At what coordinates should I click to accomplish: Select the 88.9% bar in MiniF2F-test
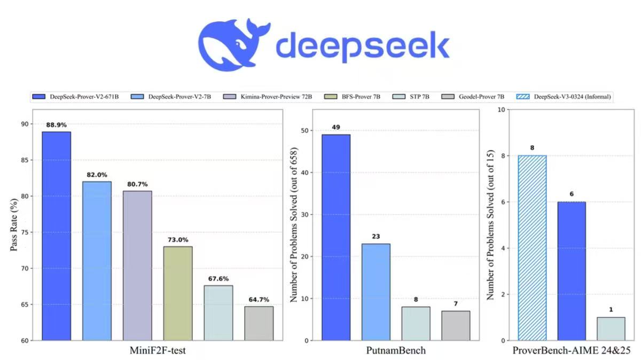[56, 236]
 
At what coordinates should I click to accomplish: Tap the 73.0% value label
[178, 240]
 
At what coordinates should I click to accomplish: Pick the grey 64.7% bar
[259, 323]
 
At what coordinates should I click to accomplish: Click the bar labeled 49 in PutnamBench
[336, 237]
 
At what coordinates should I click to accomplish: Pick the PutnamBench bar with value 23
[376, 292]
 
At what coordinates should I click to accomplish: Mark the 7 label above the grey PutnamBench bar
[456, 303]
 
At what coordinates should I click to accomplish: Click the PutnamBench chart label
[396, 351]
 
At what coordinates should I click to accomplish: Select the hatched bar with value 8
[532, 248]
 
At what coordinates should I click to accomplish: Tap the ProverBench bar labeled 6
[572, 271]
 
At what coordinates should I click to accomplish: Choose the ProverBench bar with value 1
[611, 328]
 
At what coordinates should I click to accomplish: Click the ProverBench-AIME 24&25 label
[572, 351]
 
